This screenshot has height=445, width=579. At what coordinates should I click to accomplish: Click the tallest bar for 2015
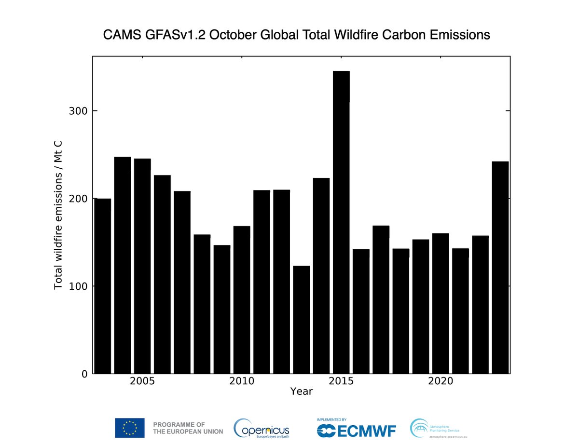(x=341, y=222)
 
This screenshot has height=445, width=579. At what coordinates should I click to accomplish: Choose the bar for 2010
(x=242, y=299)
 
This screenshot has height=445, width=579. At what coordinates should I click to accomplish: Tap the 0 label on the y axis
(x=84, y=374)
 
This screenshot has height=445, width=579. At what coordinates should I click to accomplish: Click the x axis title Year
(x=301, y=391)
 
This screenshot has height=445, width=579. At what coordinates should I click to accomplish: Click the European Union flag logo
(x=129, y=428)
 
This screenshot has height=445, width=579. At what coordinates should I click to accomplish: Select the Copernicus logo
(x=262, y=427)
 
